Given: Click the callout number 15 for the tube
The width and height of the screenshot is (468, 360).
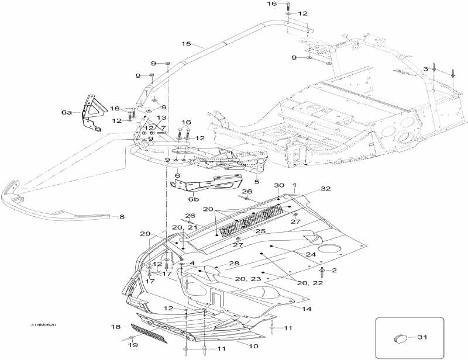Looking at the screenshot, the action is tap(186, 44).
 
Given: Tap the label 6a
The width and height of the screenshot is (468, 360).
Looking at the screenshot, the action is tap(67, 112).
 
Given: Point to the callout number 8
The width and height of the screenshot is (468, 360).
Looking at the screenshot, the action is tap(122, 217).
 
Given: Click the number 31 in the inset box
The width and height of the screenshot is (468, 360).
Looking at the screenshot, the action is tap(422, 337).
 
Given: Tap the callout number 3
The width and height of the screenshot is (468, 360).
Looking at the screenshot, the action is tap(426, 69).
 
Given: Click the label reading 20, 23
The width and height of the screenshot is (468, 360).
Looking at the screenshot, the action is tap(248, 279).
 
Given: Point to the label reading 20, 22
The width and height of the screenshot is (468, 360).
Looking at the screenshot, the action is tap(310, 283).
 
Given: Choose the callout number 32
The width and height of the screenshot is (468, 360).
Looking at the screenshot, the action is tap(326, 189).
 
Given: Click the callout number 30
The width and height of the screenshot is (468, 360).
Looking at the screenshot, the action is tap(279, 185).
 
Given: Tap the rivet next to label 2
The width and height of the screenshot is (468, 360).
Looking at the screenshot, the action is tap(322, 271).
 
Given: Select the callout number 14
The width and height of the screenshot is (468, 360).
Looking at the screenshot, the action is tap(307, 309).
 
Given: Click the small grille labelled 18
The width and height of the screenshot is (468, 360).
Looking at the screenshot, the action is tap(148, 333).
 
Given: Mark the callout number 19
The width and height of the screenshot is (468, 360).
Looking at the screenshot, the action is tap(133, 345).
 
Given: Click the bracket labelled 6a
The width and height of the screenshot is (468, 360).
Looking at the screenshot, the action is tap(93, 113).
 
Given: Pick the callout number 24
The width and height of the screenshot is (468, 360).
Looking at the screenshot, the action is tap(311, 254).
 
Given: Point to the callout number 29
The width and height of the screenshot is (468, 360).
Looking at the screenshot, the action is tap(145, 234).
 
